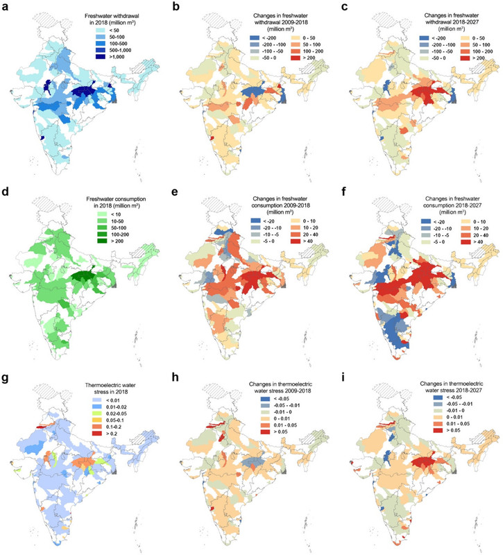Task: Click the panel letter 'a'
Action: [6, 6]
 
